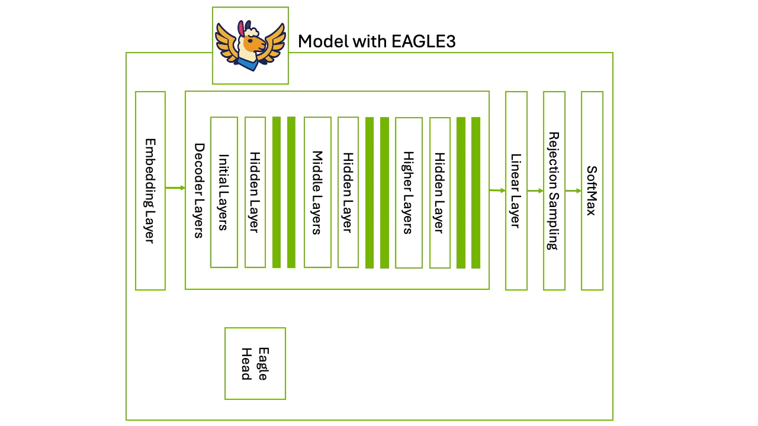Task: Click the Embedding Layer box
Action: pos(150,191)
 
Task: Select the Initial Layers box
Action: pos(224,192)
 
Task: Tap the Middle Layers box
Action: pos(317,192)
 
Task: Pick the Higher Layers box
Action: pos(409,193)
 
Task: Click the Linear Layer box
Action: pos(516,191)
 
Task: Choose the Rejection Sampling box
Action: pos(554,191)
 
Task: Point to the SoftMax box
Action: pos(592,191)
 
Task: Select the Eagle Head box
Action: pos(255,363)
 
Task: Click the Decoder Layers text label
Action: pos(199,191)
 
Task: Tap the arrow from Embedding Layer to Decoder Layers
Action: pos(175,188)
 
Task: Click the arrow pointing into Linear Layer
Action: pos(497,191)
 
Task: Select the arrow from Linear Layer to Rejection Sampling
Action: pos(535,191)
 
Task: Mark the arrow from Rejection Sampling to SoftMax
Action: pos(573,191)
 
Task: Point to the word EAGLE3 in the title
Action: pos(423,41)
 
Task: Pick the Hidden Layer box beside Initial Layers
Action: pos(255,192)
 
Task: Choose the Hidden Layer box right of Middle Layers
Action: pos(348,192)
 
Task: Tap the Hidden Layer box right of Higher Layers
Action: pos(440,193)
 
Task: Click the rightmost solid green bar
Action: pos(476,193)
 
